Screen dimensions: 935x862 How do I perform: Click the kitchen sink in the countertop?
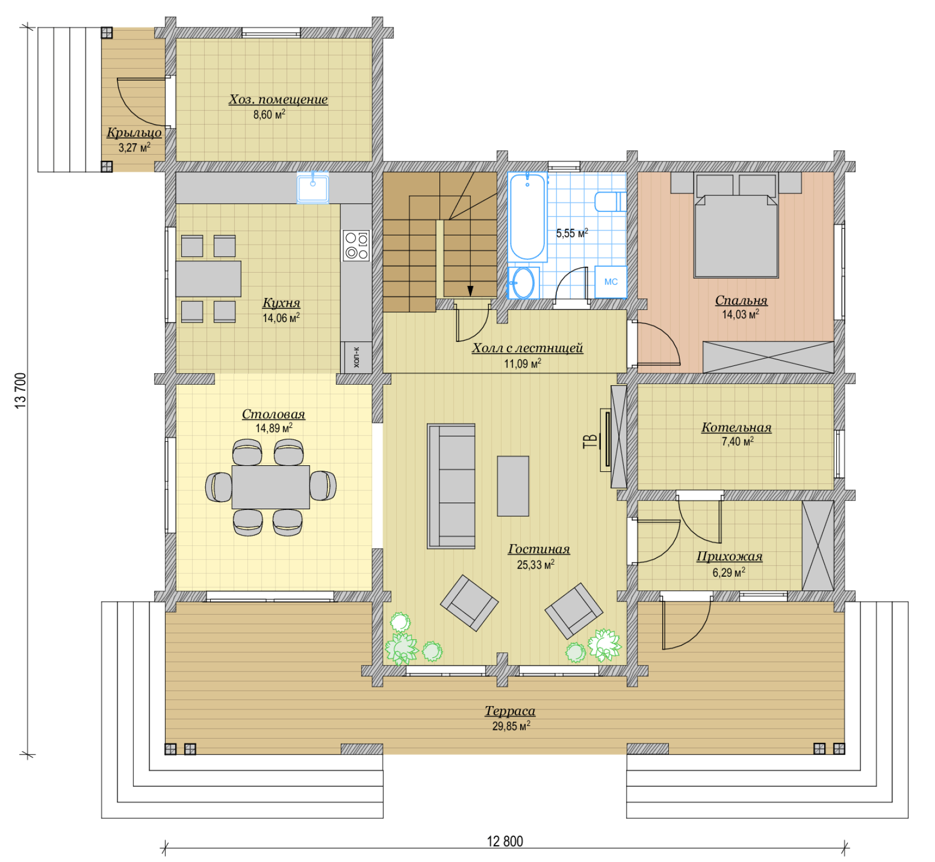313,188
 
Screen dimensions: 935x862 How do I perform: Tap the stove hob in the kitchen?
356,245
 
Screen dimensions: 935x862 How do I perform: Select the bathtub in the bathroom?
527,216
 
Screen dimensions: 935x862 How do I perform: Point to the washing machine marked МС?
611,282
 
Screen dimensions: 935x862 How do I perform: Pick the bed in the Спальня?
736,226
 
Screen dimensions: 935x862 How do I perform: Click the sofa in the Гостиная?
451,486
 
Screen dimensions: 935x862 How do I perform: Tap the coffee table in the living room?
513,486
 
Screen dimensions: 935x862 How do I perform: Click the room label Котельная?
736,427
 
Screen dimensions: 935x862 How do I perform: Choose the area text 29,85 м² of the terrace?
511,726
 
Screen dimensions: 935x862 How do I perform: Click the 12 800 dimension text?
505,841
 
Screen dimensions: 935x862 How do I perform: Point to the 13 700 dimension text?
20,391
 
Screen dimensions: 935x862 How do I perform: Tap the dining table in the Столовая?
271,487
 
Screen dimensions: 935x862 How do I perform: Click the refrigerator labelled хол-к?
356,357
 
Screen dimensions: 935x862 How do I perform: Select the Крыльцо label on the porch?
134,132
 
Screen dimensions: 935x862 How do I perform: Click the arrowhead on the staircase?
470,291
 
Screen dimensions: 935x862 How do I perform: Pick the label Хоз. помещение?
278,99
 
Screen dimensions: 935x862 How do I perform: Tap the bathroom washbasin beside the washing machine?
523,283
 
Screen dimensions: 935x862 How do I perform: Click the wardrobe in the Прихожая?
818,545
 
